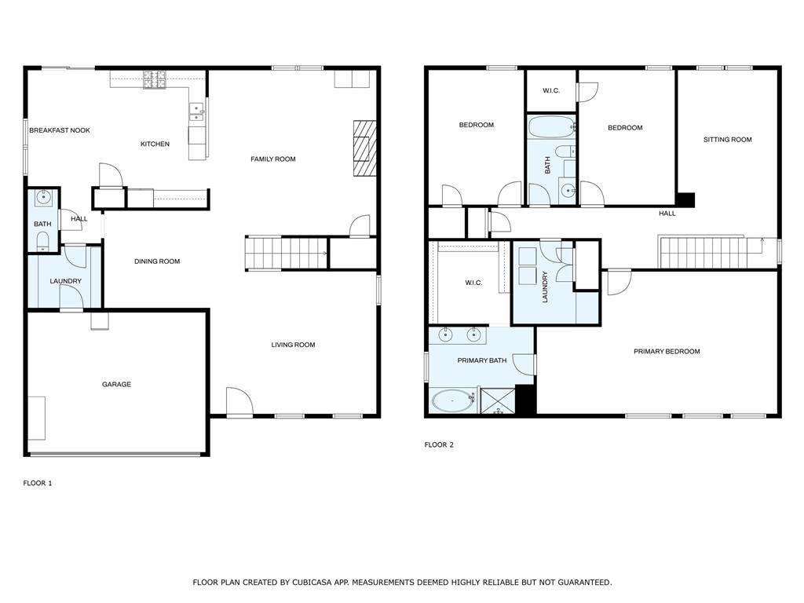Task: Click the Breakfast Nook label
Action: (60, 130)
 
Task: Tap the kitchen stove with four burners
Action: (155, 79)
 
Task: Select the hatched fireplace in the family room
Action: (364, 148)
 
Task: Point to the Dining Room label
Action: (157, 261)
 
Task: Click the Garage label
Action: (116, 384)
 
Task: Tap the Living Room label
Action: (294, 345)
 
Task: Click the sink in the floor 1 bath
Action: (44, 196)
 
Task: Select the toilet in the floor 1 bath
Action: (42, 241)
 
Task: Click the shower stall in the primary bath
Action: (497, 401)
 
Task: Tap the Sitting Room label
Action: (728, 140)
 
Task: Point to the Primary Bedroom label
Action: (667, 351)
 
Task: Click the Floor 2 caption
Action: (439, 444)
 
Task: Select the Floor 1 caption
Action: (38, 483)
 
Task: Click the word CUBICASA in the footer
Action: (311, 583)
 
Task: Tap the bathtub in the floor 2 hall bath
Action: (551, 126)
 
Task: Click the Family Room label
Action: (273, 159)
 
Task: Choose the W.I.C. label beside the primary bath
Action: (473, 283)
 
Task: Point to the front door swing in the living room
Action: (239, 402)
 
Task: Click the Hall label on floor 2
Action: (667, 214)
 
